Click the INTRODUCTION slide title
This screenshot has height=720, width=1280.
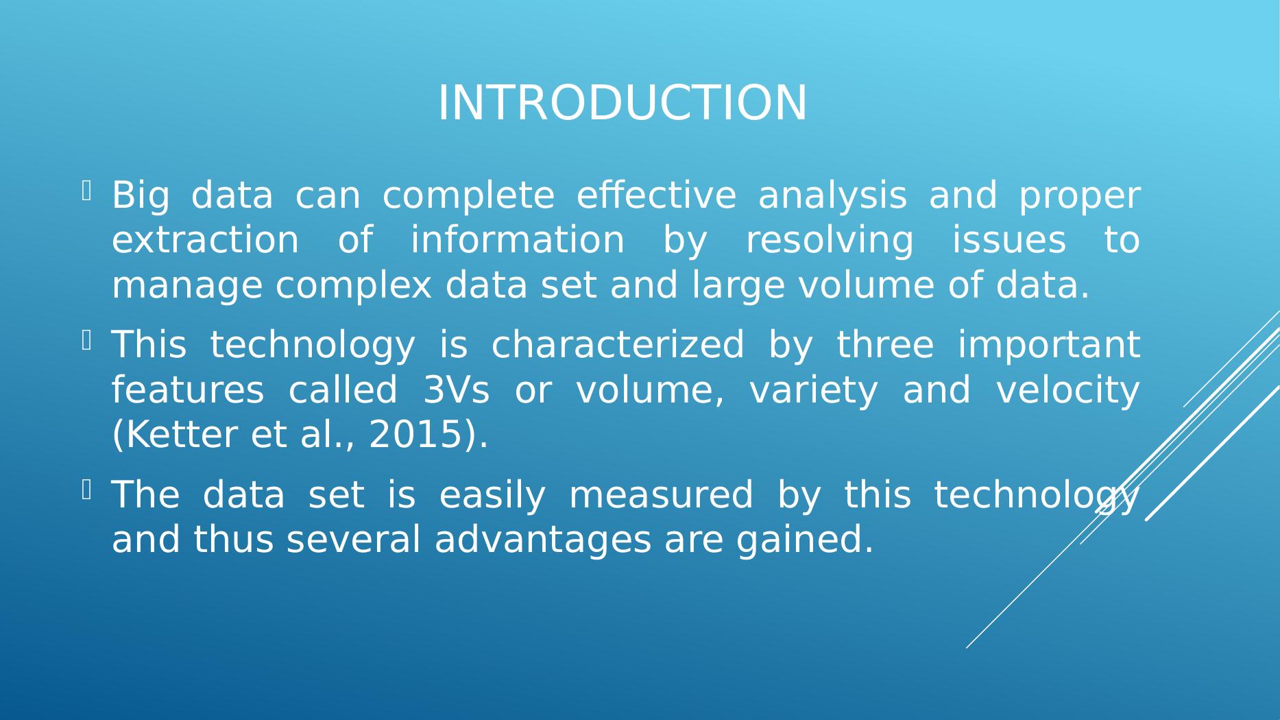tap(623, 103)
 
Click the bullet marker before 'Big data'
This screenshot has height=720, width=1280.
tap(86, 191)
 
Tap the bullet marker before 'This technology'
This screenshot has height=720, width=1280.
tap(86, 340)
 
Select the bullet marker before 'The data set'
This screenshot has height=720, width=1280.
tap(86, 490)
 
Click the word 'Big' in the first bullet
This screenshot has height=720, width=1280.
tap(140, 196)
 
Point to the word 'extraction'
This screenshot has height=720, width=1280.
tap(206, 241)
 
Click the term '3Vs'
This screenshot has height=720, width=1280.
tap(457, 390)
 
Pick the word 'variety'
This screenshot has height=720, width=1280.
tap(813, 392)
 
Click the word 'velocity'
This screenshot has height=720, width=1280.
tap(1068, 392)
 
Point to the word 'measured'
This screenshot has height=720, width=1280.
tap(661, 495)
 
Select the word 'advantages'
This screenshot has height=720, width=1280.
tap(543, 540)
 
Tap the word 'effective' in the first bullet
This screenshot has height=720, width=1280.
tap(656, 195)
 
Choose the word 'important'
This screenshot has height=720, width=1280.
tap(1049, 346)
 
